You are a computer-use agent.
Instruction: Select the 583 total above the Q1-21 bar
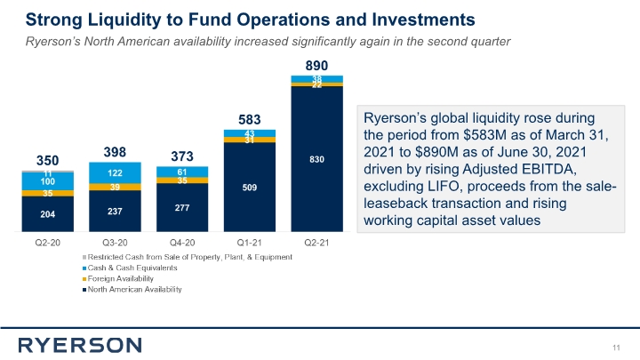tap(249, 118)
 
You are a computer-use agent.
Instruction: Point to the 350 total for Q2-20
tap(47, 161)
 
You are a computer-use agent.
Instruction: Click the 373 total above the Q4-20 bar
tap(181, 156)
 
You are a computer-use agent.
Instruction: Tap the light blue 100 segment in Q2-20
tap(47, 180)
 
